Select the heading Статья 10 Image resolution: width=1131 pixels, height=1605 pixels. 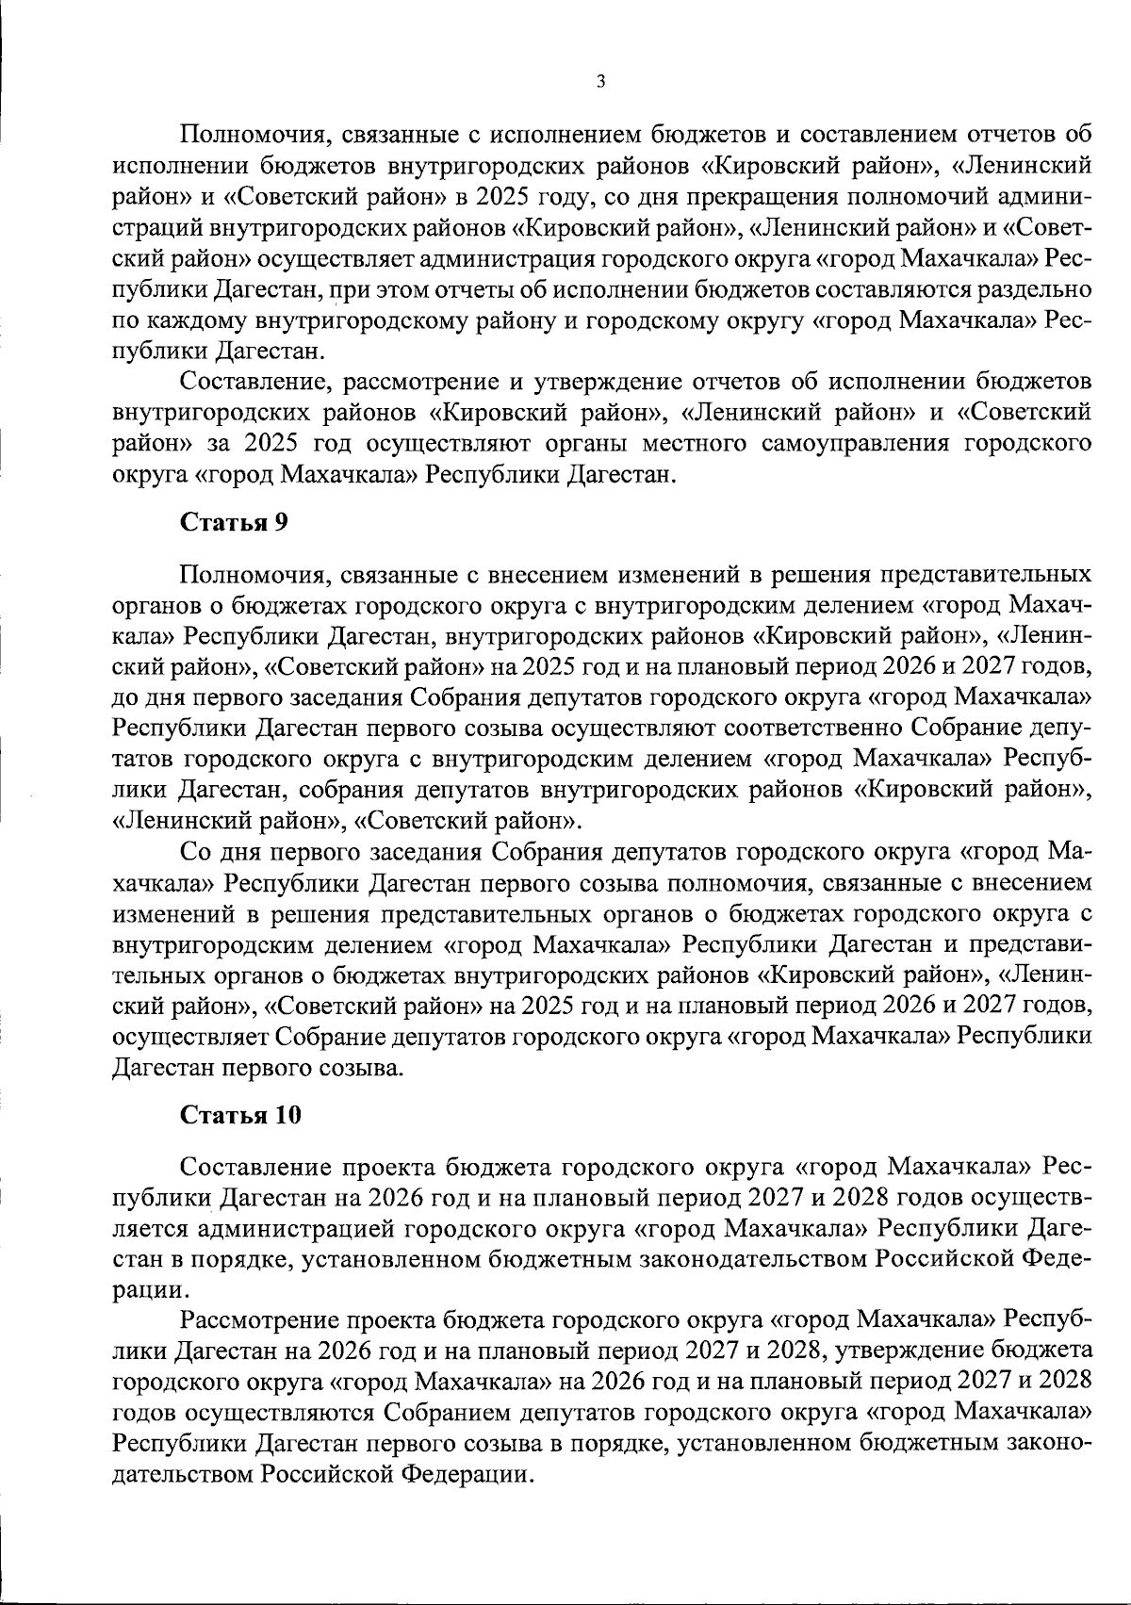tap(240, 1115)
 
